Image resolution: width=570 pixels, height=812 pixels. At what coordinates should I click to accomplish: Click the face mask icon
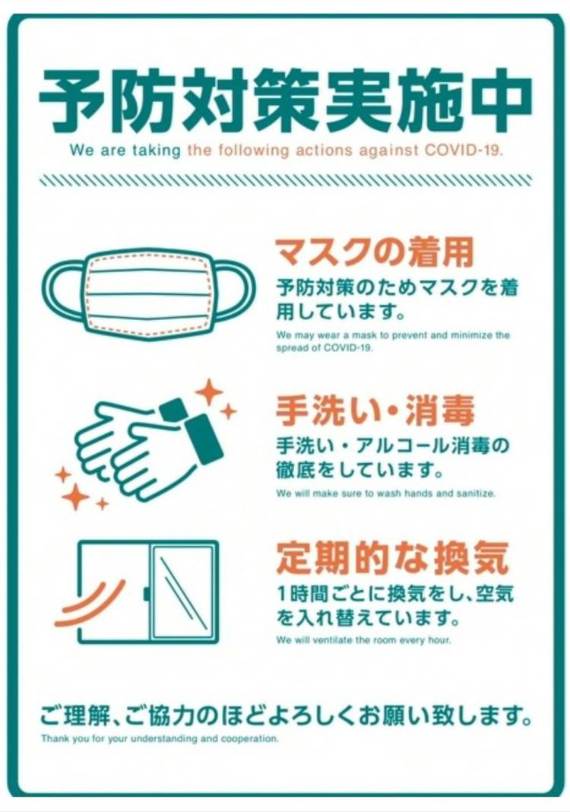(148, 294)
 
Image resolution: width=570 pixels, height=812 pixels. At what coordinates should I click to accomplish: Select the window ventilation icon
(147, 592)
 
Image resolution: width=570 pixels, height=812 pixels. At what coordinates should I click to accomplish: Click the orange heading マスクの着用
(375, 252)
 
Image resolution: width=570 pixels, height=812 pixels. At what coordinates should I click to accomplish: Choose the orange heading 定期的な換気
(392, 558)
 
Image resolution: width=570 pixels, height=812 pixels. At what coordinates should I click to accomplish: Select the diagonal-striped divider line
(285, 179)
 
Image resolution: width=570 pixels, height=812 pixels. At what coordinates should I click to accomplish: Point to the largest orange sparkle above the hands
(209, 392)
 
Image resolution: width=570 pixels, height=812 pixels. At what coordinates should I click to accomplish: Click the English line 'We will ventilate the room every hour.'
(363, 640)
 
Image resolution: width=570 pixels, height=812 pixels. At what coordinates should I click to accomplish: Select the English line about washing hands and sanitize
(385, 493)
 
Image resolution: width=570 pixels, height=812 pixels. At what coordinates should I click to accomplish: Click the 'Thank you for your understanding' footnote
(160, 738)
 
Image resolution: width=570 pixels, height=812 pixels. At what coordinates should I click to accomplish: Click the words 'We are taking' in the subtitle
(125, 151)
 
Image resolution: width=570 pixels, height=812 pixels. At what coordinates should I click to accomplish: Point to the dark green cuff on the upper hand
(204, 439)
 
